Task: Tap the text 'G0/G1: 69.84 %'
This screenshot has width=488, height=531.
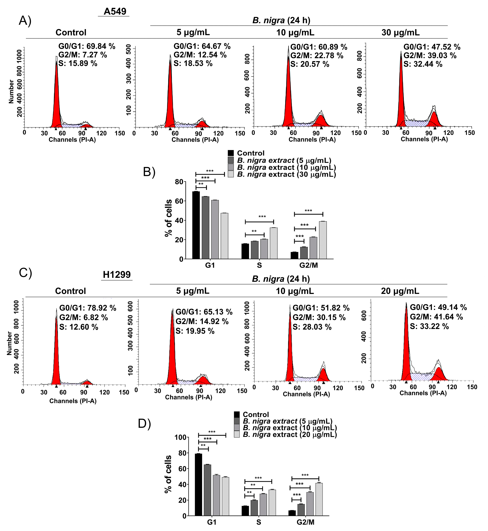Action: point(87,46)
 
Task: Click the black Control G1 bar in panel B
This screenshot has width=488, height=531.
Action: point(196,225)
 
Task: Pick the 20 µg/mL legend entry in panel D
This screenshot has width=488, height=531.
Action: point(286,435)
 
